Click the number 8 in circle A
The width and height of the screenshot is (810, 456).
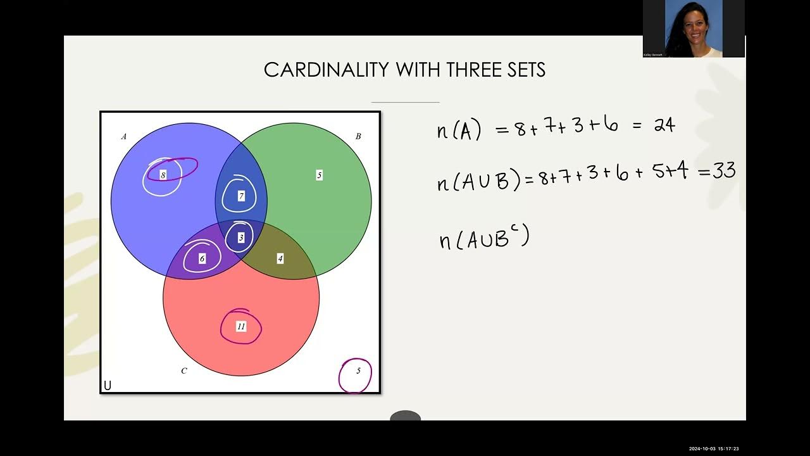[x=163, y=175]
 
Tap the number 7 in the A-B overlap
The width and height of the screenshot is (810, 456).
[x=241, y=196]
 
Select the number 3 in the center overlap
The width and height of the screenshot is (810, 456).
[x=240, y=237]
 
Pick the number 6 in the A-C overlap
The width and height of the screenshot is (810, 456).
[x=202, y=259]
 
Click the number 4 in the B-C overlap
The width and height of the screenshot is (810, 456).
[x=280, y=258]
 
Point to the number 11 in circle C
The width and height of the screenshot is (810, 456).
[x=240, y=327]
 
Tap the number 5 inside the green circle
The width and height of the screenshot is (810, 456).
[x=320, y=175]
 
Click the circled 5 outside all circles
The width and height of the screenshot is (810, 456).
[x=358, y=371]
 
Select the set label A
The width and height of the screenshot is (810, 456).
[x=124, y=136]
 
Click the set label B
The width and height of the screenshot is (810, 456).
[x=358, y=136]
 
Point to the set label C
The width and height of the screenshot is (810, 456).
[x=184, y=370]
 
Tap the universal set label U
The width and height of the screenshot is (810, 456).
[x=108, y=386]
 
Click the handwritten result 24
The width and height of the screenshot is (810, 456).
[x=664, y=125]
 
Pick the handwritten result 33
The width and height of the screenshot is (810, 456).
[x=724, y=172]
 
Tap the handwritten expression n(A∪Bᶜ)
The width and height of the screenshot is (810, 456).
[x=485, y=239]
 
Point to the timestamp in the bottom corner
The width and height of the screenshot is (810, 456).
[x=714, y=448]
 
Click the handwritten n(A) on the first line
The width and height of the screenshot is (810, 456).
[x=459, y=130]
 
